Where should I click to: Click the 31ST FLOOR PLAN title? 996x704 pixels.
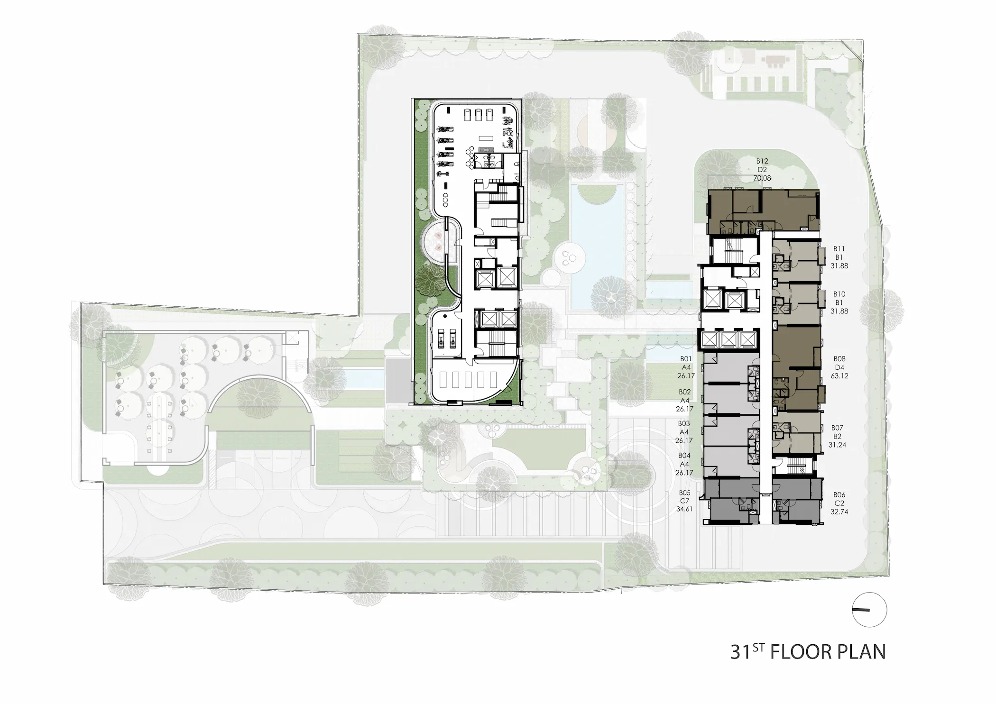point(808,652)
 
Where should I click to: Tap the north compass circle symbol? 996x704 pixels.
point(869,610)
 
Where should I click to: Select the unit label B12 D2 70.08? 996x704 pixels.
point(762,170)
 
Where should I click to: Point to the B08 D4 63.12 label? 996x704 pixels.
point(839,367)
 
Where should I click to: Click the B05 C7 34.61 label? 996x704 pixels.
point(684,501)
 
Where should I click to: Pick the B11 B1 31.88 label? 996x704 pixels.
point(839,257)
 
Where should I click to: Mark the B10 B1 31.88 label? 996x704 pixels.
point(839,302)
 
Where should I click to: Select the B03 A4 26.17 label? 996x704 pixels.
point(684,432)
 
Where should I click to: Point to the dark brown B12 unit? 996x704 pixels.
point(764,211)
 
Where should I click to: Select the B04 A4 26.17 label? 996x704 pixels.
point(684,464)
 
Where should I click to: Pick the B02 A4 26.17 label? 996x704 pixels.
point(684,401)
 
